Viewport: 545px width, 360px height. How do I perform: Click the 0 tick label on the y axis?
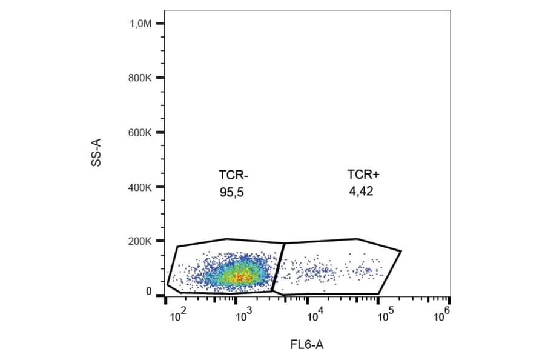(148, 292)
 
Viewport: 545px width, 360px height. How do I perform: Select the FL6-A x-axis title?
(307, 345)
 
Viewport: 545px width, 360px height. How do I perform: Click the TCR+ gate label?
(363, 175)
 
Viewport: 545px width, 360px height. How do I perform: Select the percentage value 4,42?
(362, 192)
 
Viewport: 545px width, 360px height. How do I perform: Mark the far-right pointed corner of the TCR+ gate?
(401, 250)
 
